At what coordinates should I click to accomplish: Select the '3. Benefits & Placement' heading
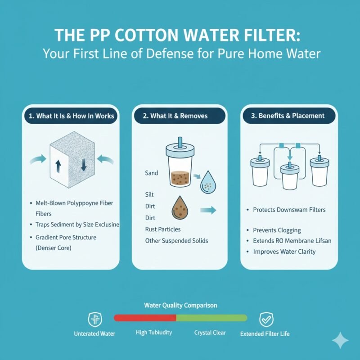coord(288,116)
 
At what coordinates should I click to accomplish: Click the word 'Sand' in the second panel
coord(152,173)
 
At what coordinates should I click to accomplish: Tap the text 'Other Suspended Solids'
coord(176,241)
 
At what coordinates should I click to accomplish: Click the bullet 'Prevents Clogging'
coord(277,230)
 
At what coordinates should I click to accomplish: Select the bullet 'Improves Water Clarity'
coord(284,252)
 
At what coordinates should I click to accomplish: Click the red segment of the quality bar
coord(145,318)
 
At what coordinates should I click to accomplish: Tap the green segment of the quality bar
coord(211,318)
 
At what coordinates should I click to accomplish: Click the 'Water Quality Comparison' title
coord(180,305)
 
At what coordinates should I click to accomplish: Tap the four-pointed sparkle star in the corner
coord(340,341)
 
